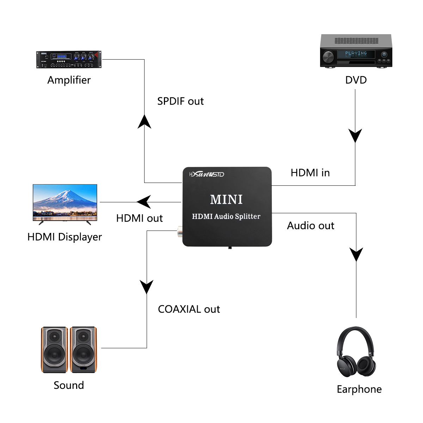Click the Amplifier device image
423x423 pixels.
[x=69, y=60]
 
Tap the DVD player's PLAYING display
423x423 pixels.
[x=356, y=54]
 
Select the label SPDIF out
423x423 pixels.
[x=180, y=101]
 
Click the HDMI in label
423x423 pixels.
[x=310, y=173]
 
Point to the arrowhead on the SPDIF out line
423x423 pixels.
[x=144, y=122]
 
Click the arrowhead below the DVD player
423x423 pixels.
[x=355, y=135]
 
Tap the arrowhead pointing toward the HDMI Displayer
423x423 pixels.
[x=144, y=202]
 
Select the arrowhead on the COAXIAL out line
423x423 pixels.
[x=147, y=286]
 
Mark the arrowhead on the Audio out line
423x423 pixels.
[x=356, y=254]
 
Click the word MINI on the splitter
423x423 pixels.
[x=226, y=200]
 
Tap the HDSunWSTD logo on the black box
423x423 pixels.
[x=207, y=174]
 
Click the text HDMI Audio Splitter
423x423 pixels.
[x=226, y=216]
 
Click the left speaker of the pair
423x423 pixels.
[x=54, y=349]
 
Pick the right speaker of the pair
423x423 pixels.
[x=83, y=349]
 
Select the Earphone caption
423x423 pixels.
[x=359, y=389]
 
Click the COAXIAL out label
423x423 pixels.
[x=189, y=309]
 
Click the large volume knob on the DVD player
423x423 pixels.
[x=328, y=57]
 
